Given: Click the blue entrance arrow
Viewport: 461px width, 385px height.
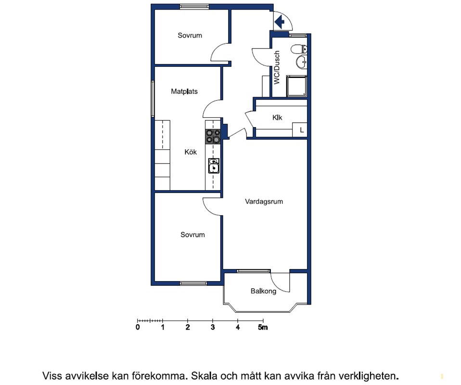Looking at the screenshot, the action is [279, 22].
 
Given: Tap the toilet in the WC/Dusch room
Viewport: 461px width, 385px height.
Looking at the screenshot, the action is [299, 49].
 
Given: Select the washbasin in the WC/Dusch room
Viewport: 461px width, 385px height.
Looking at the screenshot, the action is [301, 62].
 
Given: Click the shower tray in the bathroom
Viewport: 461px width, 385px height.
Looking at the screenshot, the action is [296, 86].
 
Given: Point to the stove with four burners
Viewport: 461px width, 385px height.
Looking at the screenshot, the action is [213, 137].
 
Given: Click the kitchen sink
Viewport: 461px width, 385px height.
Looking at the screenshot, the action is [214, 166].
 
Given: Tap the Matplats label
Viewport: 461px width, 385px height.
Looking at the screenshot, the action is [184, 91].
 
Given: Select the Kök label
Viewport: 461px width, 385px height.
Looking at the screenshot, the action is [191, 152].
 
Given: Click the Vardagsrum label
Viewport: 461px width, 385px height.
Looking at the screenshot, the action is [264, 202].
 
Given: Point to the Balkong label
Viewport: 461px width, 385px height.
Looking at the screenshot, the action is [263, 291].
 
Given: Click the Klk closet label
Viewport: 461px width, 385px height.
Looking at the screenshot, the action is [277, 117].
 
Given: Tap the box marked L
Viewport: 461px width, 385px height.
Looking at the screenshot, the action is [300, 130].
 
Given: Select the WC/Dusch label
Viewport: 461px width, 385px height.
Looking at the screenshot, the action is [277, 68].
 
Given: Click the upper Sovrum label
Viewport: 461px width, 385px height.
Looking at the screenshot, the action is [190, 36].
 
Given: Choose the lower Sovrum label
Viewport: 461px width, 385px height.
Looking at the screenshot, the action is [192, 235].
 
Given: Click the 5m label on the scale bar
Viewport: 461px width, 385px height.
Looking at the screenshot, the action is [263, 327].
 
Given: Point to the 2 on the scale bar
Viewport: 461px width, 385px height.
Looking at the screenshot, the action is [188, 327].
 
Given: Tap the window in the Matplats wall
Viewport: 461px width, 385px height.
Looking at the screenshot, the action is [153, 99].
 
